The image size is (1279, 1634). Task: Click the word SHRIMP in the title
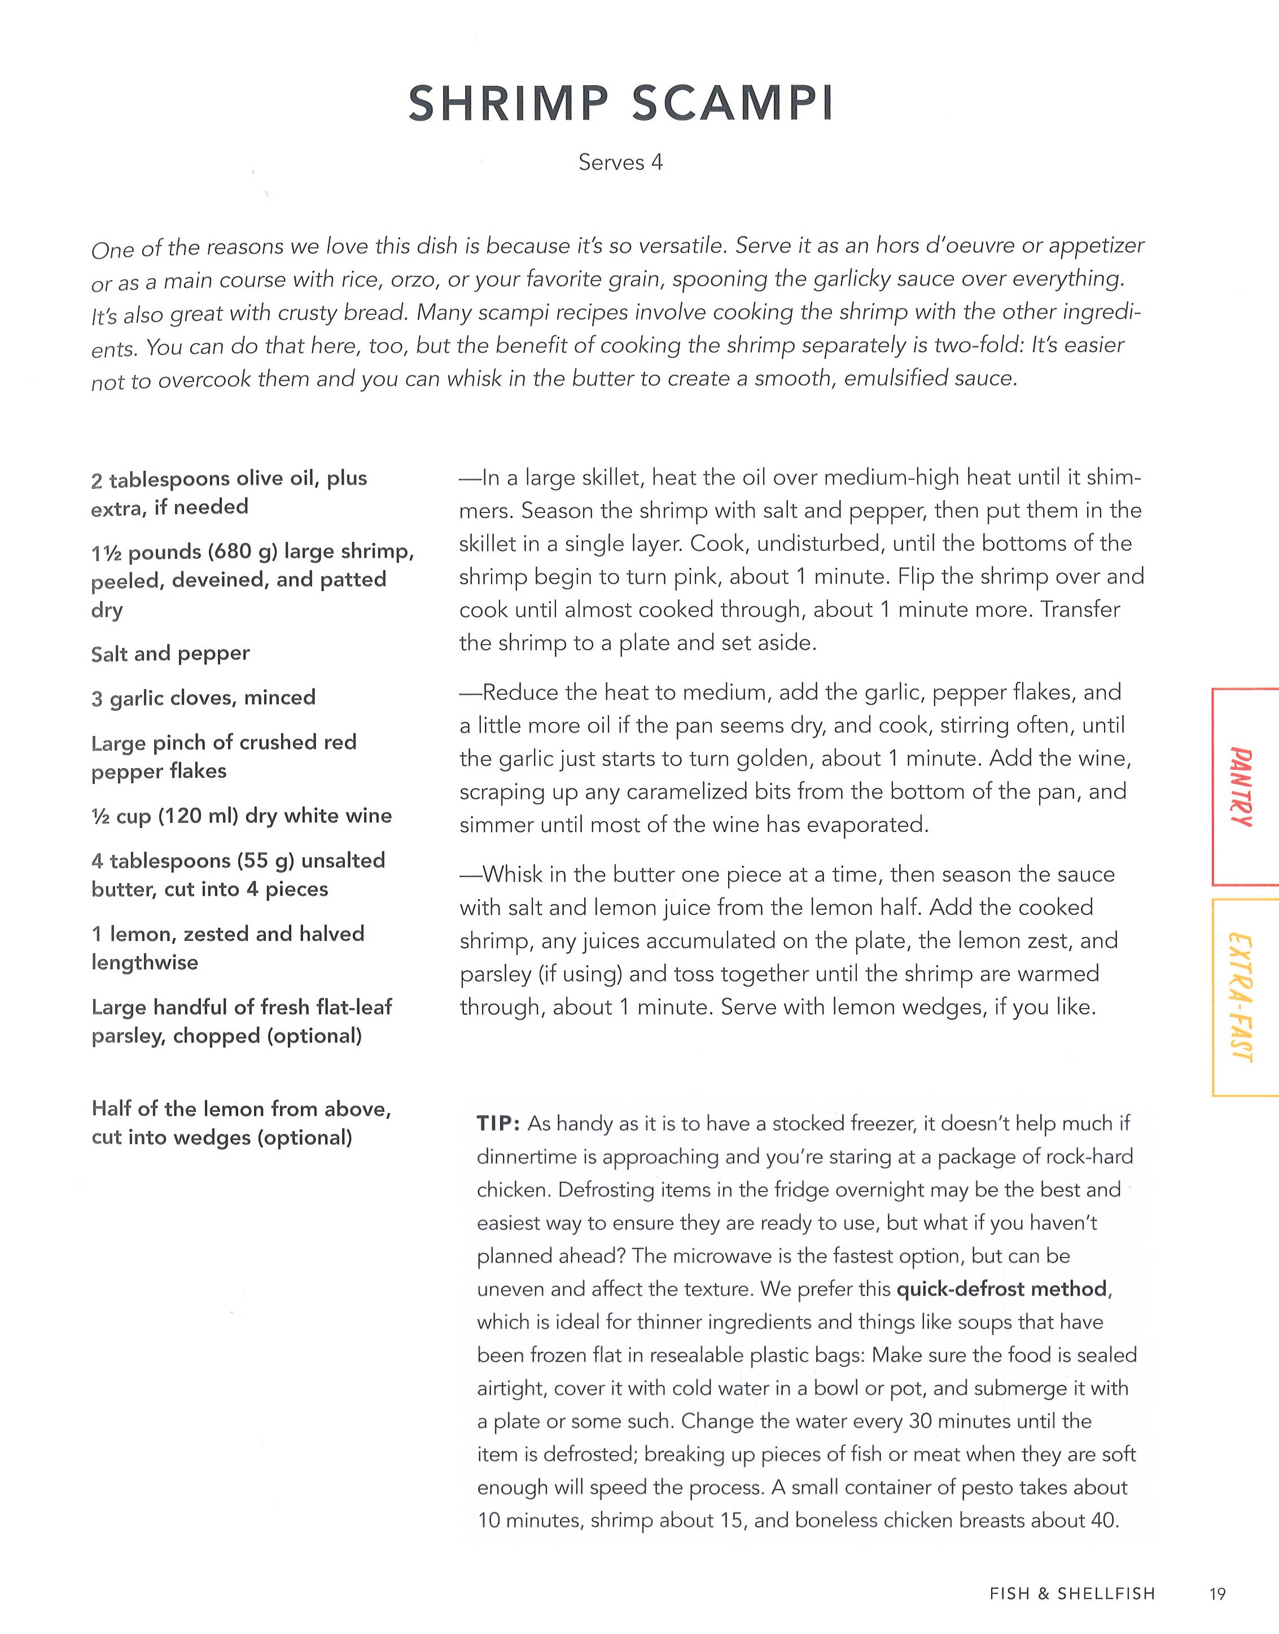click(x=509, y=103)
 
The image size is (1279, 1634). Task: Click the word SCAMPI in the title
click(x=733, y=103)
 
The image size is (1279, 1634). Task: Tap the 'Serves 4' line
click(x=620, y=163)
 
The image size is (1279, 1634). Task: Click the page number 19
click(x=1217, y=1593)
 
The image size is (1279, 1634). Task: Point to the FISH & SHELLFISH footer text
click(x=1072, y=1593)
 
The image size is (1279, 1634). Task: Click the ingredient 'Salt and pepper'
click(x=170, y=654)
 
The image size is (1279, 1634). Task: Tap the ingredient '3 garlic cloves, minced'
click(x=203, y=698)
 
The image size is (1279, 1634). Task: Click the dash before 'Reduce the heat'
click(x=470, y=692)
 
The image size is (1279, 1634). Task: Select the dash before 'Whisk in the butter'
click(x=470, y=875)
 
